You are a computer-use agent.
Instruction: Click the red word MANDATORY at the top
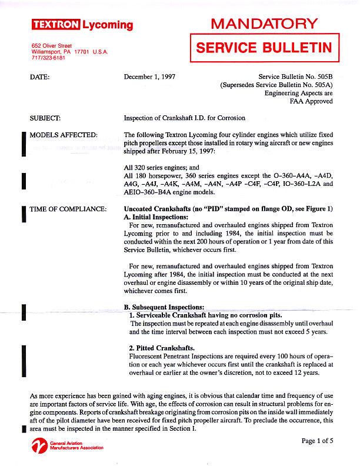click(264, 24)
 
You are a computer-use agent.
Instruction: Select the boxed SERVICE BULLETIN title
click(264, 48)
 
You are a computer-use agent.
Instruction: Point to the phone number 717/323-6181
click(49, 58)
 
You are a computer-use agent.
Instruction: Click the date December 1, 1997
click(150, 76)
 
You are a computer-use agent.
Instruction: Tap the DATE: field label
click(39, 76)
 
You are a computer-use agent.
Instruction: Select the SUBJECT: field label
click(45, 118)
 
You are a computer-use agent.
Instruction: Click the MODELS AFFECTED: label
click(64, 135)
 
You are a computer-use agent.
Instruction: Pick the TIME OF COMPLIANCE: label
click(68, 209)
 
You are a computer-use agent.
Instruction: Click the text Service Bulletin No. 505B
click(295, 76)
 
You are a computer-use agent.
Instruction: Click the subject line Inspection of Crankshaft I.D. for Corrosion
click(184, 118)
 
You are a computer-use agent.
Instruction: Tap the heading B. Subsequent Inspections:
click(164, 307)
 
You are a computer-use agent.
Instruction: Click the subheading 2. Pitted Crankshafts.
click(162, 348)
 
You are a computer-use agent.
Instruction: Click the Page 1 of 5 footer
click(317, 441)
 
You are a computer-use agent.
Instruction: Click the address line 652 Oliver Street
click(51, 46)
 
